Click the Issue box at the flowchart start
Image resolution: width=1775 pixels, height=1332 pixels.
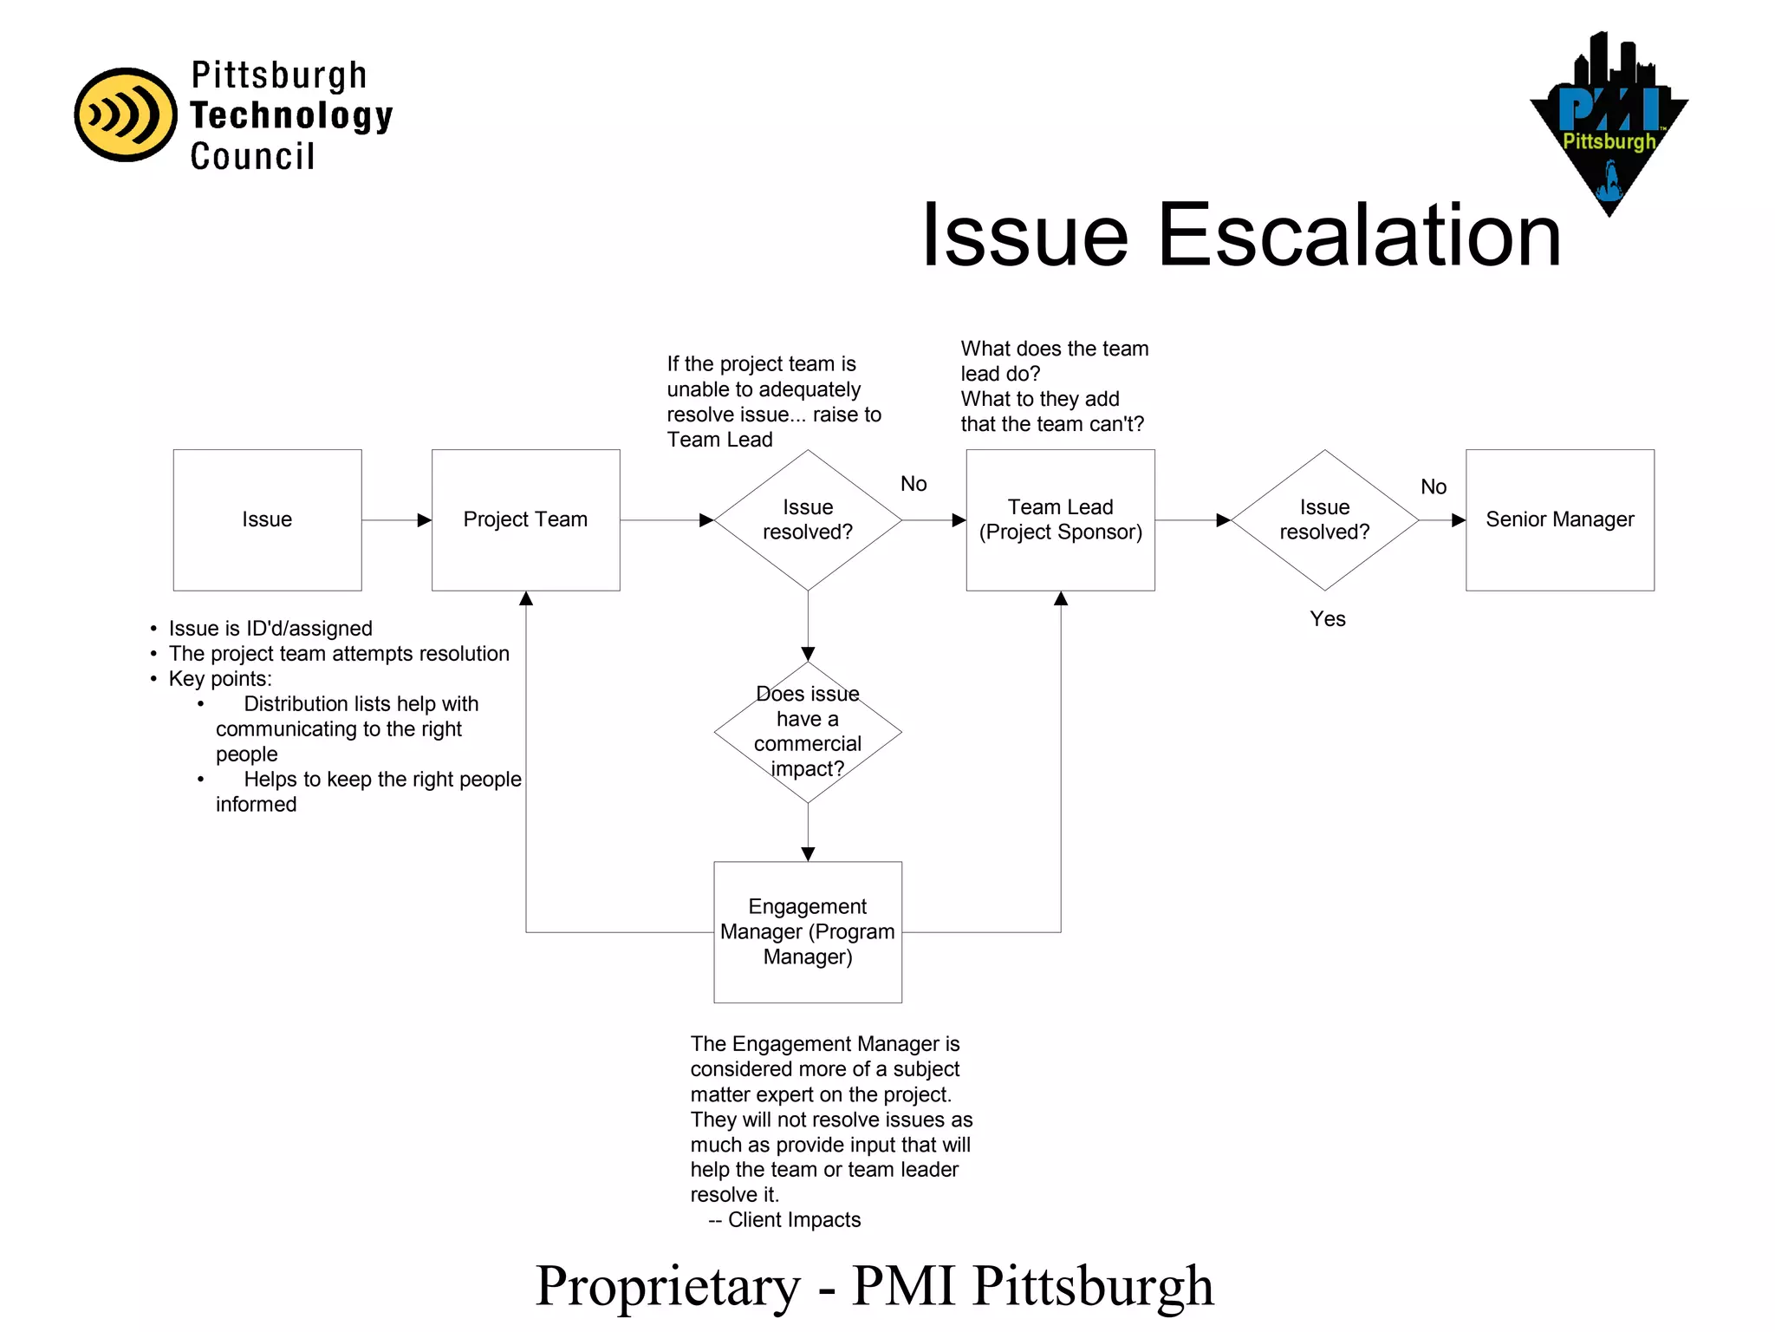tap(267, 519)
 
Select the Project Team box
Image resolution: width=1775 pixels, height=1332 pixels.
tap(525, 519)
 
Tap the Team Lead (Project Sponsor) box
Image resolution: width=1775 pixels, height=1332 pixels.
tap(1060, 519)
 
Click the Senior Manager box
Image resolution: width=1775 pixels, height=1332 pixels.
tap(1559, 519)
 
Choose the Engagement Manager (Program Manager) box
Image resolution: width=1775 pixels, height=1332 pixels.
tap(807, 931)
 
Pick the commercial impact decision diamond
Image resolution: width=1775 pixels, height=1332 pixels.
tap(807, 732)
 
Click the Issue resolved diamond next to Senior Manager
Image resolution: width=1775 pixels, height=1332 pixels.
tap(1324, 519)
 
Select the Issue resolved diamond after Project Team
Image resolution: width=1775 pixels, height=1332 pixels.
tap(807, 519)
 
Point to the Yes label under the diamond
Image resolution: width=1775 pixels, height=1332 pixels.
tap(1327, 619)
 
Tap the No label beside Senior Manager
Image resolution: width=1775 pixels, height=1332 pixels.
tap(1434, 487)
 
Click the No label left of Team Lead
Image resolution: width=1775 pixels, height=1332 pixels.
tap(914, 484)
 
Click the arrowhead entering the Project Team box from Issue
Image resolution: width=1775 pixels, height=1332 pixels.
tap(424, 520)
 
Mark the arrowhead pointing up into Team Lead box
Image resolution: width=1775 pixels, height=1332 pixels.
tap(1060, 598)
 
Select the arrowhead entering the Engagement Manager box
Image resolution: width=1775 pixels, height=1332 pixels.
tap(808, 854)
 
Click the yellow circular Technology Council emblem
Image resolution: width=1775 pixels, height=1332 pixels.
tap(126, 114)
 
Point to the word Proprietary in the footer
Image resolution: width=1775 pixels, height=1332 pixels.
tap(667, 1286)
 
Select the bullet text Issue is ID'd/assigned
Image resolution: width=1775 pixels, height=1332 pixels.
tap(270, 629)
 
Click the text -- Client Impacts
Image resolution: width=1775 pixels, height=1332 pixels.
tap(784, 1220)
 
